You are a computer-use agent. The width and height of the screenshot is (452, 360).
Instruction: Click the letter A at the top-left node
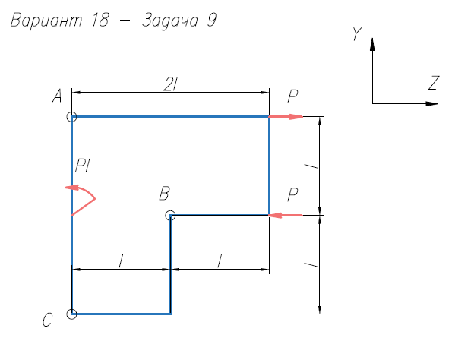[x=57, y=96]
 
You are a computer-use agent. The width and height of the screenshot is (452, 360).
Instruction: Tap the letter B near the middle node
[x=164, y=193]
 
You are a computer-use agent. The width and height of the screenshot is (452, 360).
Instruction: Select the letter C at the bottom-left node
[x=48, y=320]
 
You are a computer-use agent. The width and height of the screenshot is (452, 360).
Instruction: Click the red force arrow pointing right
[x=286, y=117]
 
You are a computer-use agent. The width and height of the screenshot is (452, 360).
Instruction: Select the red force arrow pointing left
[x=286, y=215]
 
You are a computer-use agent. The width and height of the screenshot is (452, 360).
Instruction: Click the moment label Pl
[x=83, y=166]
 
